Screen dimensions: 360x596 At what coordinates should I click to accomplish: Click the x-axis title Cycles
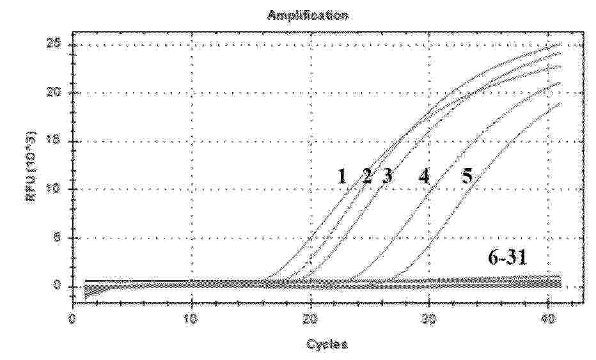pos(327,344)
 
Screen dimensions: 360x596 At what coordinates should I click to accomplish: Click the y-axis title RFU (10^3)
pos(30,165)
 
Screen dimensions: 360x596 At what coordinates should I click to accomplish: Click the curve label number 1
pos(342,176)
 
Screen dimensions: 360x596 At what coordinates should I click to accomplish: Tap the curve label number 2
pos(366,176)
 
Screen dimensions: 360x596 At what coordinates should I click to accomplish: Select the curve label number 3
pos(386,176)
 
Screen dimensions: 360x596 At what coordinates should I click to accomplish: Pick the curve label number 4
pos(423,176)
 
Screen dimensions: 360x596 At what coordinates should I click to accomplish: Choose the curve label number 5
pos(467,176)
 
